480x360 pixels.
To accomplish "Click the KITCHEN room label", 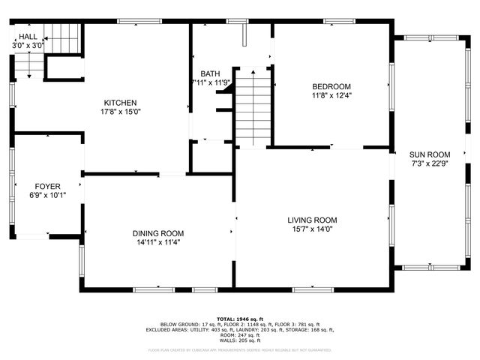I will (x=120, y=102).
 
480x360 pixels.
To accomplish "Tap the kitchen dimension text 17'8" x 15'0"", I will (x=120, y=112).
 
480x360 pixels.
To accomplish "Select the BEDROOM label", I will (x=331, y=86).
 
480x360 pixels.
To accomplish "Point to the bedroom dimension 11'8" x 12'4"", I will (x=331, y=96).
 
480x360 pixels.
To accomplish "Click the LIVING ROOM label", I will (x=312, y=220).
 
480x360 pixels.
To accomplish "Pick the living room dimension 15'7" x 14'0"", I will (x=312, y=229).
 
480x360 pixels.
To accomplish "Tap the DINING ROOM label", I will (x=158, y=232).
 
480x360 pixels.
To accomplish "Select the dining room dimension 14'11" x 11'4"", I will (x=158, y=242).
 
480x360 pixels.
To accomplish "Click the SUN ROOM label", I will (x=429, y=154).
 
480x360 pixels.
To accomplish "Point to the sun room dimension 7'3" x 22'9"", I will (x=429, y=163).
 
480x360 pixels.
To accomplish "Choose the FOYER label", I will (x=47, y=186).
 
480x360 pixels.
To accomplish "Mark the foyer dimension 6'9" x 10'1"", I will (x=47, y=196).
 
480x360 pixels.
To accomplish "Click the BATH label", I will (x=210, y=73).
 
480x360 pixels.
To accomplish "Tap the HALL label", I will (x=28, y=36).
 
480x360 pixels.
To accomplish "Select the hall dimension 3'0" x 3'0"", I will (x=28, y=46).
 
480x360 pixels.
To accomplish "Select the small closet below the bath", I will (x=211, y=157).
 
